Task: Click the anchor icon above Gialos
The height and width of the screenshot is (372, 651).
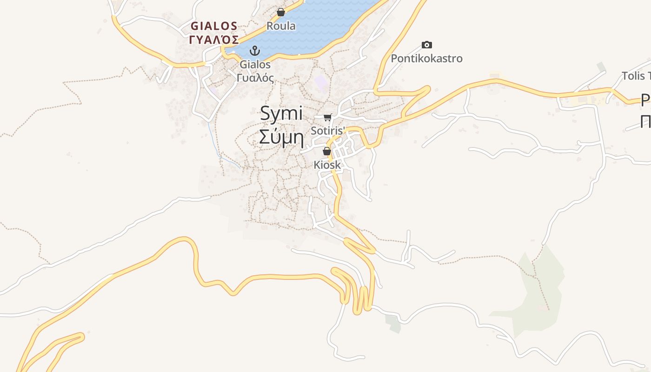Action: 255,50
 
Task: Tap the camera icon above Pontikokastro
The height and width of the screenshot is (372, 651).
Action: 427,45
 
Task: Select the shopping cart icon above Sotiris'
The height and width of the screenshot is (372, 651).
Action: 328,117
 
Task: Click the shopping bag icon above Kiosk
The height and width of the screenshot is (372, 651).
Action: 327,151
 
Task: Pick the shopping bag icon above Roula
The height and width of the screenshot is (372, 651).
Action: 281,12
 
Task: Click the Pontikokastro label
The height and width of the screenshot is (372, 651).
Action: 426,59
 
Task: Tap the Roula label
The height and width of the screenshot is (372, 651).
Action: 281,26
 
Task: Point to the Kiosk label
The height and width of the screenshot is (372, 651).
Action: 327,165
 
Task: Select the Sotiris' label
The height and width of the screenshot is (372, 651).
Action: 327,131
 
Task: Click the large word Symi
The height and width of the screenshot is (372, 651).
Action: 281,113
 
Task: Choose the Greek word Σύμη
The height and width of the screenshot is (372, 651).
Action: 281,138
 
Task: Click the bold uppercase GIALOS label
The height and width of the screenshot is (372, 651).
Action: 214,26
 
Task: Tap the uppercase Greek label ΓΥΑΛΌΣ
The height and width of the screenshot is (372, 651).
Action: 214,39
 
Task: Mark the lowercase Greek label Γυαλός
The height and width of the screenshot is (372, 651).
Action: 255,78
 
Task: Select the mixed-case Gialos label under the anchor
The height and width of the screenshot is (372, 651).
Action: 255,64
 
